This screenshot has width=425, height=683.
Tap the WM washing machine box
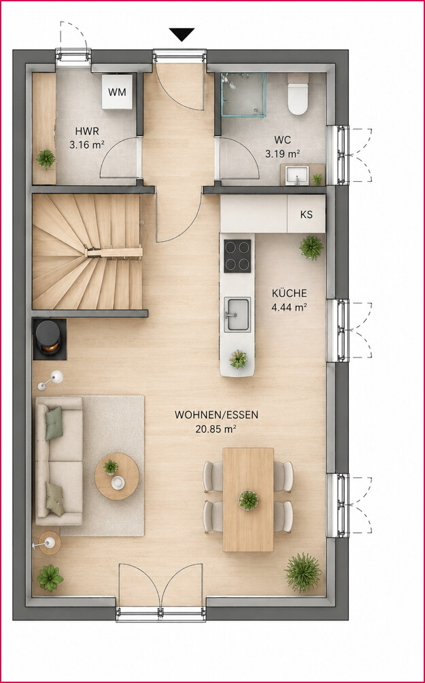click(x=118, y=91)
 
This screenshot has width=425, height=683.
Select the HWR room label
click(x=87, y=131)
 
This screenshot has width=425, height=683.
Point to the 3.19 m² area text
click(x=283, y=153)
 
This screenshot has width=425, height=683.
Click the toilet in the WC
click(x=298, y=94)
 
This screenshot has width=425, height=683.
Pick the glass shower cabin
click(x=243, y=95)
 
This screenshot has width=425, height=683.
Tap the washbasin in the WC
click(x=297, y=176)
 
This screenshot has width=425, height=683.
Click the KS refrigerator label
click(x=306, y=215)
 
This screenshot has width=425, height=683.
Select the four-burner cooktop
click(x=237, y=255)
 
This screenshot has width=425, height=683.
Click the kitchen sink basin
click(x=237, y=315)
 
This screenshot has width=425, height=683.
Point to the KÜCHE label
click(x=289, y=293)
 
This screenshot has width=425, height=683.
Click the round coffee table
click(x=117, y=476)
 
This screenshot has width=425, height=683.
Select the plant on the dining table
click(x=248, y=500)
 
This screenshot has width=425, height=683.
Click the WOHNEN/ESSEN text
click(x=216, y=415)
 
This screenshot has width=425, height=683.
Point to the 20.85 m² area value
click(x=216, y=429)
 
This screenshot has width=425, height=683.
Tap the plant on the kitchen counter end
click(x=239, y=360)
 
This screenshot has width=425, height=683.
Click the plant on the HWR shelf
click(x=46, y=159)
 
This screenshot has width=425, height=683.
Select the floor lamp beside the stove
click(x=50, y=380)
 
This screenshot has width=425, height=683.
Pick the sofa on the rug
click(x=59, y=461)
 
